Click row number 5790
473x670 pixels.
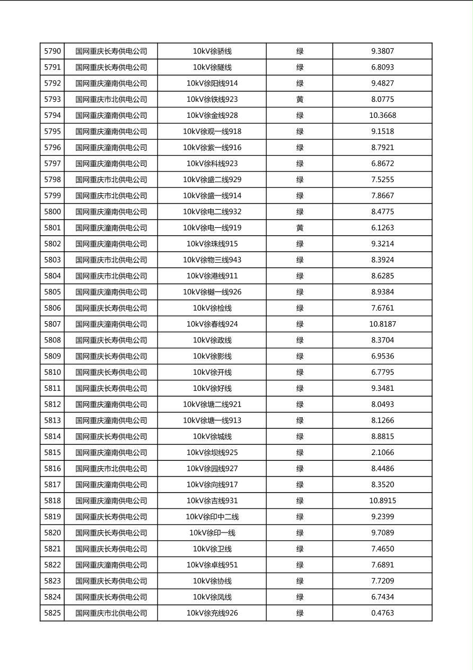click(x=52, y=51)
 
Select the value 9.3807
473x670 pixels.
click(x=382, y=51)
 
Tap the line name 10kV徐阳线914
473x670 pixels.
click(x=212, y=83)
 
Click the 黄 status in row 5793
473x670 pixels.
click(x=300, y=99)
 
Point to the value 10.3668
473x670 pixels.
click(x=382, y=115)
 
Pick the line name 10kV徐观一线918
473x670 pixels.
click(x=212, y=132)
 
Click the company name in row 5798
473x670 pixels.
click(x=111, y=179)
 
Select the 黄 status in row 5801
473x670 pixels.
click(x=300, y=228)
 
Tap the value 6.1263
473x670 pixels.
click(x=382, y=228)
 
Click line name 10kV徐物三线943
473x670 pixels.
click(x=212, y=260)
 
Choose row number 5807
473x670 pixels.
click(x=52, y=324)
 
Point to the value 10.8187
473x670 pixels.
click(x=382, y=324)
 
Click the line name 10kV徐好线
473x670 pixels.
click(x=212, y=388)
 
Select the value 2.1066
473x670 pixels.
click(x=382, y=452)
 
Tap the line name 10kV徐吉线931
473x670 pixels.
click(x=212, y=501)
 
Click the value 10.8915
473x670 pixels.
click(x=382, y=501)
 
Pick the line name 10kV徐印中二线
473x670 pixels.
click(x=212, y=517)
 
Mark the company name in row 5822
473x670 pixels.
click(x=111, y=565)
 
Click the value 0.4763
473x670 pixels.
click(x=382, y=613)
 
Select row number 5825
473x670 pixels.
click(x=52, y=613)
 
